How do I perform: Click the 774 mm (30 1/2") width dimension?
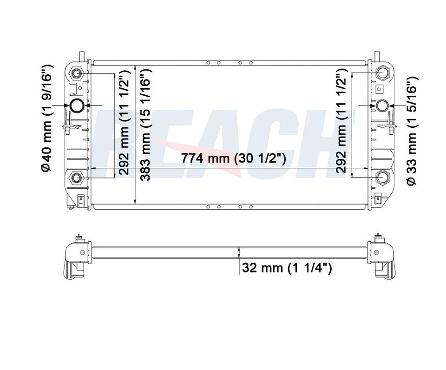[x=234, y=158]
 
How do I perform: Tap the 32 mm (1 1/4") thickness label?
[x=287, y=268]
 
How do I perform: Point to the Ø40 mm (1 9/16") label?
[x=46, y=118]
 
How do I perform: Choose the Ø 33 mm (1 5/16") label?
[x=412, y=131]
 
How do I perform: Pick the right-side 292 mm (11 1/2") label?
[x=341, y=121]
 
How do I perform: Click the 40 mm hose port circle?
[x=77, y=106]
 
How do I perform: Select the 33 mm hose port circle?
[x=382, y=106]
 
